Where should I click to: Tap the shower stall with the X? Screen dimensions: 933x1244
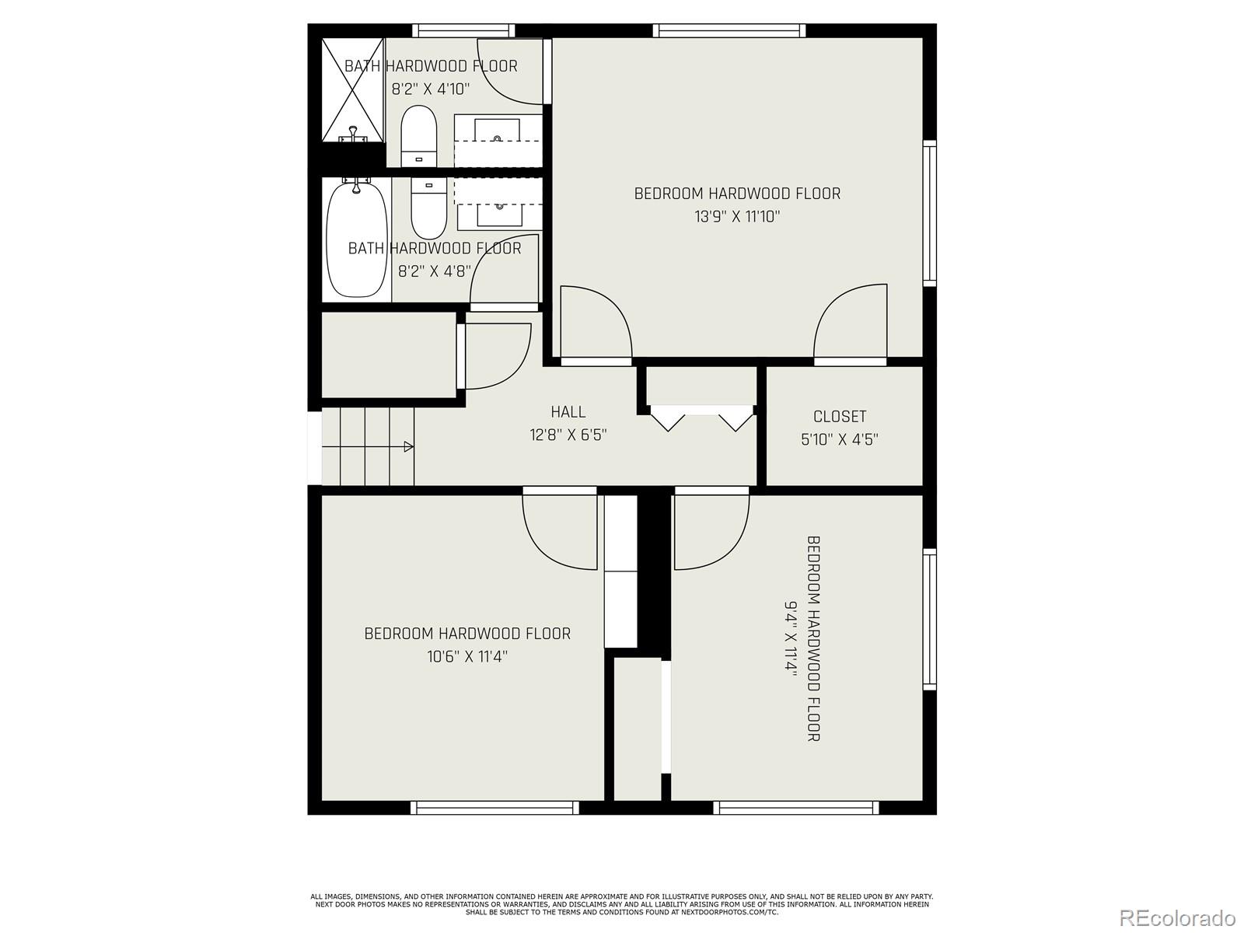[x=354, y=90]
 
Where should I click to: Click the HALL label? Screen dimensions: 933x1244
[x=568, y=412]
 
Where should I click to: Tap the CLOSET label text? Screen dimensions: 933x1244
[x=840, y=417]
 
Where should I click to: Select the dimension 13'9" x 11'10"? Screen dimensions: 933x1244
[x=737, y=216]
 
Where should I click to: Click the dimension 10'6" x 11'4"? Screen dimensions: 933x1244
[x=467, y=656]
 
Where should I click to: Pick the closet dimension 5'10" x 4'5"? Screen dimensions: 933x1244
[x=840, y=439]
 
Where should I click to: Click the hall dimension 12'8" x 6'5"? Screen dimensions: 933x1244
[x=568, y=435]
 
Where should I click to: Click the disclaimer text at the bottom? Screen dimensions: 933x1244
[x=622, y=904]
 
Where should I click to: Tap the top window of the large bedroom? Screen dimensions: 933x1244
[x=729, y=31]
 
